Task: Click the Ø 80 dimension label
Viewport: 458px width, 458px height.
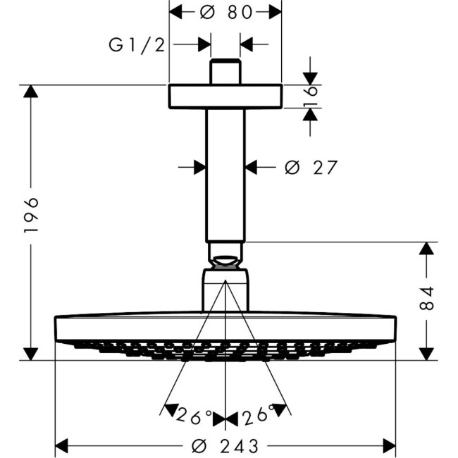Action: tap(225, 12)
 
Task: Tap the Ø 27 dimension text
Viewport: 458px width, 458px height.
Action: tap(311, 168)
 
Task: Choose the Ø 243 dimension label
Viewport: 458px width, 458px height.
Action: tap(225, 446)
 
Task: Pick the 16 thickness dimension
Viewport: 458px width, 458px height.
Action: tap(311, 96)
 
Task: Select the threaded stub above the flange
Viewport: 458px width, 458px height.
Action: tap(225, 73)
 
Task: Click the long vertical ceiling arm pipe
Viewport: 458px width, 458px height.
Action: tap(225, 176)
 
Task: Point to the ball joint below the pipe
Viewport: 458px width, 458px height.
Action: tap(225, 255)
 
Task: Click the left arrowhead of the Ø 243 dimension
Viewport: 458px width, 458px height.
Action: tap(63, 446)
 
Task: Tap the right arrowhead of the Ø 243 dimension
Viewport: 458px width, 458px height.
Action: tap(388, 446)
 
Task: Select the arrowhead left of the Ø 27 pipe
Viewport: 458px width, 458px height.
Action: tap(199, 168)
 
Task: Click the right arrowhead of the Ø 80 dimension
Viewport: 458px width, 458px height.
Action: tap(274, 12)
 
